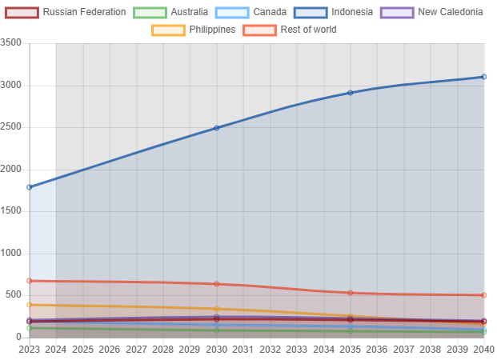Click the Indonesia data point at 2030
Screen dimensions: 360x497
point(216,128)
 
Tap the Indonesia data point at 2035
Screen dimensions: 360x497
point(351,93)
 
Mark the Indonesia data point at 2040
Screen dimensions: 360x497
point(484,77)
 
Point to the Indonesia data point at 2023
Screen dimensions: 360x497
point(30,187)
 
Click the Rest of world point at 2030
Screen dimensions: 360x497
point(216,284)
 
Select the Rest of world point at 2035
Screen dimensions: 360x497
point(351,293)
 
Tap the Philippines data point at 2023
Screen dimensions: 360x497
point(30,305)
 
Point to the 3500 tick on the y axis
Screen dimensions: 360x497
point(10,42)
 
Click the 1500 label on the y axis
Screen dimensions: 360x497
point(10,210)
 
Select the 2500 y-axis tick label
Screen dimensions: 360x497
point(10,126)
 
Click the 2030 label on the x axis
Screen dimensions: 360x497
point(216,350)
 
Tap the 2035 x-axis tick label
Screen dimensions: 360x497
point(351,350)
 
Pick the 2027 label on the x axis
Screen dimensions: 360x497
point(136,350)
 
